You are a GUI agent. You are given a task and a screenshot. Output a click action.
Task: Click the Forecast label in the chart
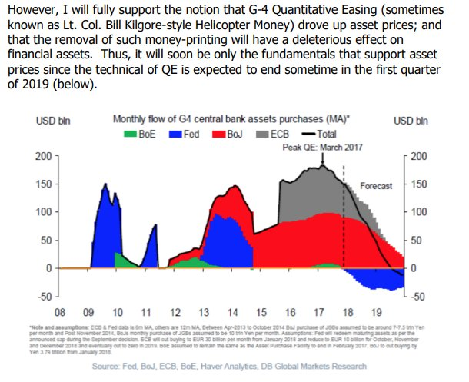pyautogui.click(x=377, y=186)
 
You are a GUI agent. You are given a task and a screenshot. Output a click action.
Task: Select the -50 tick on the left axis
pyautogui.click(x=45, y=296)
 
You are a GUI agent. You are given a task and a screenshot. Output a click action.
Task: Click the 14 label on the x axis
pyautogui.click(x=233, y=314)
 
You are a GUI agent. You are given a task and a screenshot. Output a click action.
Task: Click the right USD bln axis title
pyautogui.click(x=411, y=121)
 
